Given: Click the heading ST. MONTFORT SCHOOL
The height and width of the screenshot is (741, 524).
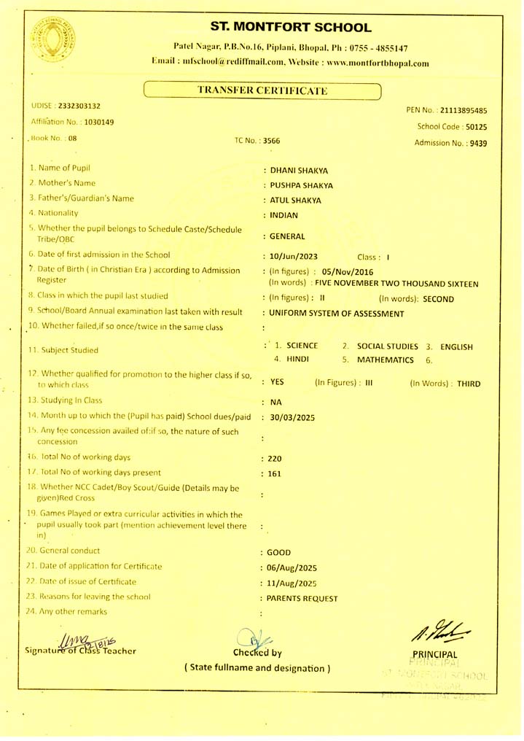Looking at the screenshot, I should point(291,28).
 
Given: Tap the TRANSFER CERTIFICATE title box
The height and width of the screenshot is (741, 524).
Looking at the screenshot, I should point(262,90).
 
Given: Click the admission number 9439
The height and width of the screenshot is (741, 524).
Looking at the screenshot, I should point(478,143).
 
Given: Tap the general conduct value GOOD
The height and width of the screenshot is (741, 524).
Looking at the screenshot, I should point(280,552).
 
